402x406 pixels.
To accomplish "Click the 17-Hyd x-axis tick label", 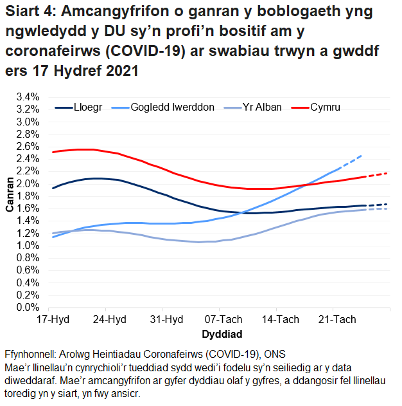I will (x=53, y=320).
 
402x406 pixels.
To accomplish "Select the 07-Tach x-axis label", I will (x=222, y=320).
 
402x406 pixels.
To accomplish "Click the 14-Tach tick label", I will (x=279, y=320).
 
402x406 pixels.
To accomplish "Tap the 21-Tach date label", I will (x=335, y=320).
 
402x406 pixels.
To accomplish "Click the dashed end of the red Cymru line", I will (x=378, y=174).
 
